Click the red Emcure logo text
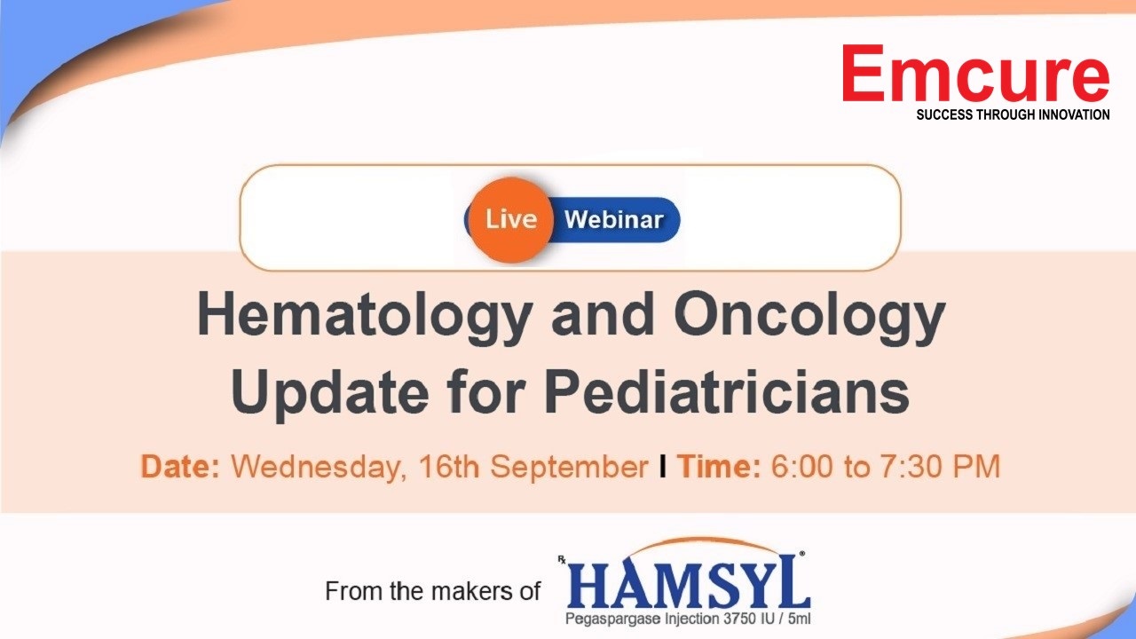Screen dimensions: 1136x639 (x=975, y=74)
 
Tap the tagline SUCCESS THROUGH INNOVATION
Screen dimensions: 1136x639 (x=1013, y=115)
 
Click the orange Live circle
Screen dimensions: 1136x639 (x=510, y=219)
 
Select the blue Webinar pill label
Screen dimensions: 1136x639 (x=614, y=219)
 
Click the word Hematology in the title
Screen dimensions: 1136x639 (x=364, y=317)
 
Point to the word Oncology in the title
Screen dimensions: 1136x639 (x=809, y=317)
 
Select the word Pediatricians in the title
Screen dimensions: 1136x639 (x=727, y=391)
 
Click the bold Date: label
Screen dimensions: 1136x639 (x=180, y=466)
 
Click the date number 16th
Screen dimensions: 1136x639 (x=449, y=466)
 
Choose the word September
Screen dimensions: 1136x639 (x=569, y=467)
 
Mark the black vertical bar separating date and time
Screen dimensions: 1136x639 (x=662, y=466)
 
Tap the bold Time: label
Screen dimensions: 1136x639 (x=719, y=466)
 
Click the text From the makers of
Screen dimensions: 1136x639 (x=432, y=591)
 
